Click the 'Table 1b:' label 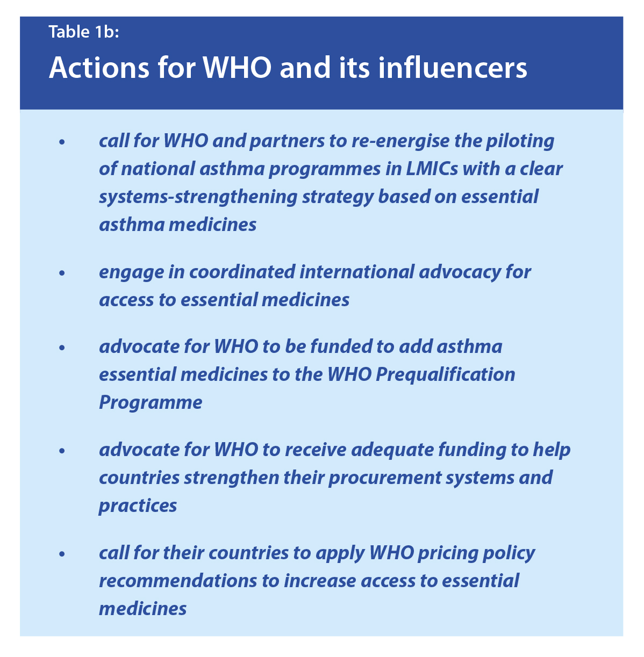(x=84, y=32)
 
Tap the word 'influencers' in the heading (x=452, y=67)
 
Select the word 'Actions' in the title (x=99, y=68)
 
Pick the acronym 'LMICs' (x=431, y=169)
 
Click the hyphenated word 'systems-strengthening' (x=198, y=197)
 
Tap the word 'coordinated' (x=242, y=272)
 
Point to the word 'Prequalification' (x=445, y=375)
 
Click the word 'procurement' (x=384, y=478)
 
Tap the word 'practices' (x=138, y=506)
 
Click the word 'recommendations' (x=178, y=581)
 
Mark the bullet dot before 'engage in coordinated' (x=62, y=273)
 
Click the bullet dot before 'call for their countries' (x=62, y=554)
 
